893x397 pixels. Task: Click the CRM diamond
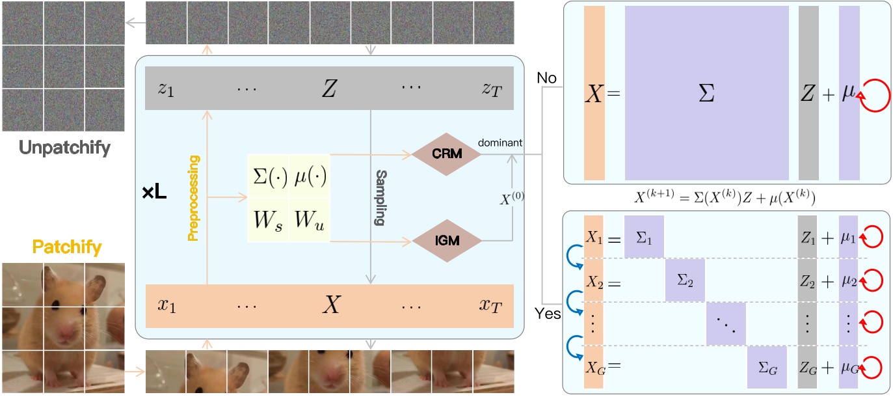pyautogui.click(x=446, y=154)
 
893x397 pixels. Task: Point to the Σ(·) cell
pyautogui.click(x=267, y=176)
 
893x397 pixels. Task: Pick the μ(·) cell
pyautogui.click(x=308, y=176)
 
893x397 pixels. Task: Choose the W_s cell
pyautogui.click(x=267, y=221)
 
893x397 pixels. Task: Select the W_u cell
pyautogui.click(x=308, y=221)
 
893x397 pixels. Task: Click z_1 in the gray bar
pyautogui.click(x=166, y=89)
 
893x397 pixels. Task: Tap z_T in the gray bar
pyautogui.click(x=492, y=89)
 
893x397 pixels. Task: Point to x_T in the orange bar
pyautogui.click(x=492, y=305)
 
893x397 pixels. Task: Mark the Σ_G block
pyautogui.click(x=767, y=369)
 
